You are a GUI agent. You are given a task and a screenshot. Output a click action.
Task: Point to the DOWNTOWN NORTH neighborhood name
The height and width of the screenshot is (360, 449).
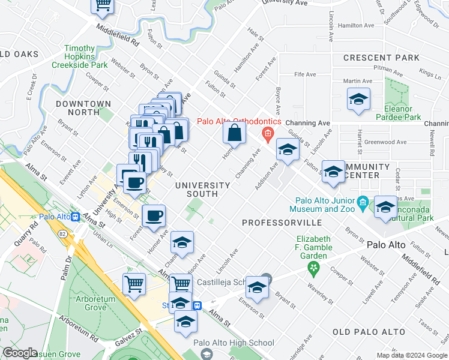(83, 108)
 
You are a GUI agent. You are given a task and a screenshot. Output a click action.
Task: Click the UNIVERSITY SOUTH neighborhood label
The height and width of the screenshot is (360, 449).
(203, 190)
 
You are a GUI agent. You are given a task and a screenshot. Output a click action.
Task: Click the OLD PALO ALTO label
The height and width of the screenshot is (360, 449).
(369, 332)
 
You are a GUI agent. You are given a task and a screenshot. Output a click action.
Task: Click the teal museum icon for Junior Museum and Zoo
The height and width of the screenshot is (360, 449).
(362, 202)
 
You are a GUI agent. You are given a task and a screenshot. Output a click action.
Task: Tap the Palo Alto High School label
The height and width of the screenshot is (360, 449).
(234, 343)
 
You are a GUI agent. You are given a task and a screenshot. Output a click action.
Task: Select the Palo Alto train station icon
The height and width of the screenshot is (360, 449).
(76, 217)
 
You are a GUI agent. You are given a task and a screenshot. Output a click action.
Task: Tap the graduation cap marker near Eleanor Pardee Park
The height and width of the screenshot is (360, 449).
(358, 100)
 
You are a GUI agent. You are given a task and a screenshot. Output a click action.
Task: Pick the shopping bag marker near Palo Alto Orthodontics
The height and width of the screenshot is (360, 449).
(235, 133)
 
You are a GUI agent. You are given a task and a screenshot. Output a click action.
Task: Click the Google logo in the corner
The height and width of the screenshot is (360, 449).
(20, 353)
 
